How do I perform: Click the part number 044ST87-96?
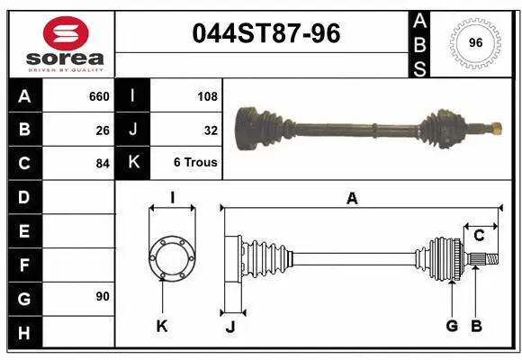click(x=266, y=33)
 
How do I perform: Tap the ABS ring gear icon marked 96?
click(x=474, y=42)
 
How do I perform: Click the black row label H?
click(x=24, y=334)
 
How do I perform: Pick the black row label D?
click(x=24, y=196)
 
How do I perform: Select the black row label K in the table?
click(x=132, y=163)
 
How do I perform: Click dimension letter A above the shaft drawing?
click(x=352, y=199)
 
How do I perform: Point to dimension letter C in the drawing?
click(x=479, y=236)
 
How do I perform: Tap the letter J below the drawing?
click(x=229, y=328)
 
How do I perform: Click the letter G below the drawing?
click(x=452, y=326)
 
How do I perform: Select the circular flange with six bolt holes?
click(x=171, y=258)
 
